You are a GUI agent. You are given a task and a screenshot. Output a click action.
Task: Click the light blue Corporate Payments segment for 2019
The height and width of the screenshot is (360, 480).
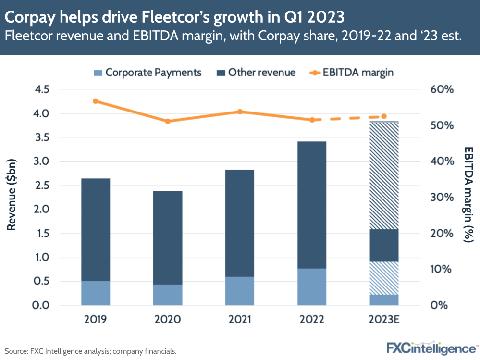tap(96, 293)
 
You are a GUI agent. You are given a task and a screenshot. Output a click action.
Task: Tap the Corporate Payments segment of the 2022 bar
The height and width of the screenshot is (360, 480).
tap(312, 286)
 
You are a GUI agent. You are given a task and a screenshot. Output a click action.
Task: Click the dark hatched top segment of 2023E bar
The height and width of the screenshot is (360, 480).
tap(384, 175)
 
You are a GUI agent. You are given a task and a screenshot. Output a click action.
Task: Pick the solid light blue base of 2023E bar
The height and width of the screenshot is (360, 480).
tap(384, 300)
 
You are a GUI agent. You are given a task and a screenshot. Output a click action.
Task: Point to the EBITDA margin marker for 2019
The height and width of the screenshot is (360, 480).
tap(96, 101)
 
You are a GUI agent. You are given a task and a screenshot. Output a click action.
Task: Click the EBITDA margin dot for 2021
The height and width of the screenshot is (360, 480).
tap(240, 112)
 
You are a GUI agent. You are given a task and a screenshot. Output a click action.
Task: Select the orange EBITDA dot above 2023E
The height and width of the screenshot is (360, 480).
tap(384, 116)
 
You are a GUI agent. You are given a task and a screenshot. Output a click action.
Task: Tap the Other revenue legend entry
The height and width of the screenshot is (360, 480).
tap(255, 73)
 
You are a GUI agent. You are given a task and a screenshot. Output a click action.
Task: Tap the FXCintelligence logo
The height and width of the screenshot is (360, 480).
tap(430, 348)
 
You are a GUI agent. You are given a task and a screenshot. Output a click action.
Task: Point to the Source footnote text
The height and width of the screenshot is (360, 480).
tap(91, 351)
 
